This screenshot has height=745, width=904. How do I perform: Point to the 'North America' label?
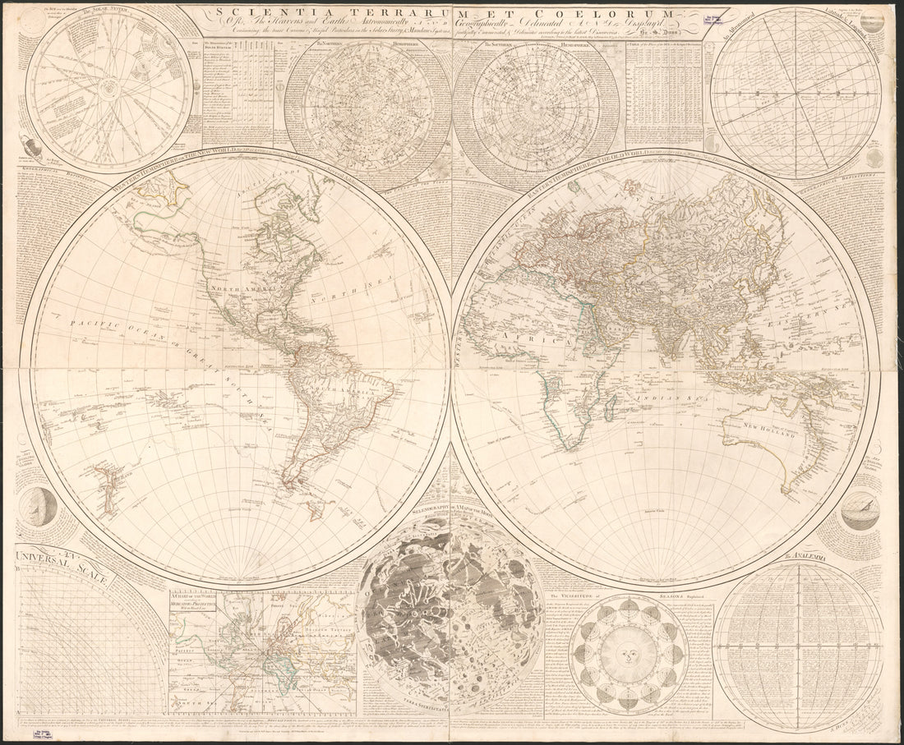coord(244,290)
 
